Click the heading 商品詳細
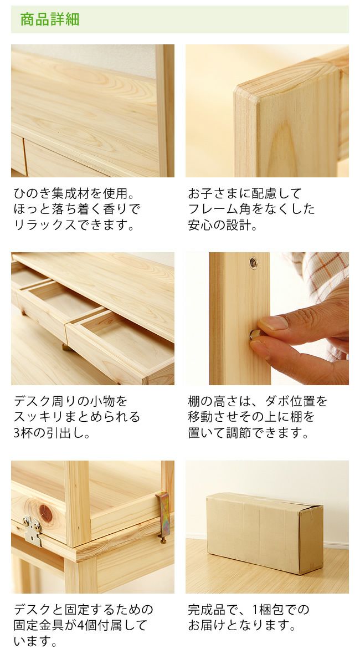coord(50,20)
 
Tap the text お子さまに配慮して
coord(245,194)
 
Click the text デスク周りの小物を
coord(70,401)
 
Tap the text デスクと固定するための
coord(83,610)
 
